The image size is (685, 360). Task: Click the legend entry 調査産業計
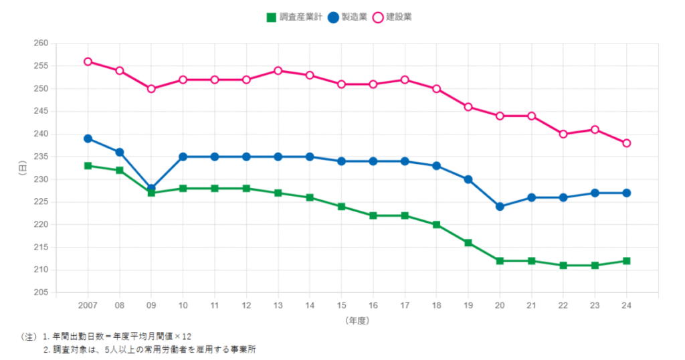(293, 17)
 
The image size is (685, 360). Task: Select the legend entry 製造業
(349, 17)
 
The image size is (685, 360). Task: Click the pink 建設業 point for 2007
(88, 62)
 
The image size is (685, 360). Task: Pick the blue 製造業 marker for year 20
(500, 207)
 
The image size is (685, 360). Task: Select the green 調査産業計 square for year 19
(468, 243)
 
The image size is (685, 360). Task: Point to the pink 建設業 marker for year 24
(627, 143)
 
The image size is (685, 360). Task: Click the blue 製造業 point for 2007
(88, 139)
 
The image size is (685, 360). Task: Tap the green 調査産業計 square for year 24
(627, 261)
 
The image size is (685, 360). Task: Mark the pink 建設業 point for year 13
(278, 70)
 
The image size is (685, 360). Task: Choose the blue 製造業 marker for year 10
(183, 157)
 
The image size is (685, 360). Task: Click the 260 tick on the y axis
(41, 43)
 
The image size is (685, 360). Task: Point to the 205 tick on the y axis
(41, 292)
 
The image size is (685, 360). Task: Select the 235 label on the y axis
(41, 157)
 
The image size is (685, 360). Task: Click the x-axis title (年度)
(357, 321)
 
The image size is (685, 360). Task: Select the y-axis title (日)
(23, 168)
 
